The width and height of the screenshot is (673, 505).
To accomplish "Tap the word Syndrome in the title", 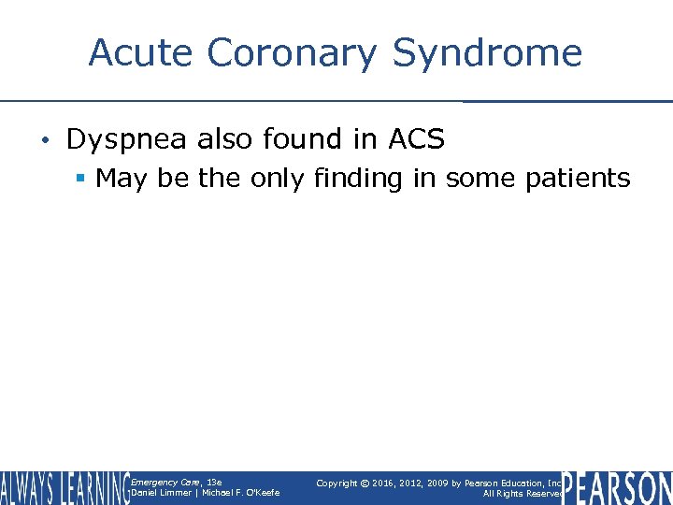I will coord(487,54).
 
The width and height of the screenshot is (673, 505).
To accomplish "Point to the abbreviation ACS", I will coord(416,139).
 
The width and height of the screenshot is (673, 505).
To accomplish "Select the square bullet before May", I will coord(83,179).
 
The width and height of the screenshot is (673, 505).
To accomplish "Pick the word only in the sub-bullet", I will coord(278,178).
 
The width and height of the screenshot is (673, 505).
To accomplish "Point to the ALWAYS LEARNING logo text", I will coord(64,488).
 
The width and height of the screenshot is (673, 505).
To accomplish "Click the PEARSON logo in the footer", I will coord(617,488).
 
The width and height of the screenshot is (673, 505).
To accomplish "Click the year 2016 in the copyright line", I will coord(382,483).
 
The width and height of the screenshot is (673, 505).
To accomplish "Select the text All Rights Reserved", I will coord(520,494).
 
